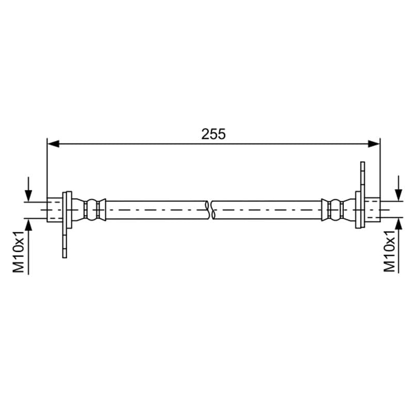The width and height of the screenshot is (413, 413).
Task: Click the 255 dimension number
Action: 213,134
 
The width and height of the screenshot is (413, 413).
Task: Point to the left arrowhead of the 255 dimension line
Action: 53,144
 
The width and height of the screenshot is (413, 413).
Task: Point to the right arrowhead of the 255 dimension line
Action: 374,144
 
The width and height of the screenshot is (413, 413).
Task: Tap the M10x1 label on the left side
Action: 19,251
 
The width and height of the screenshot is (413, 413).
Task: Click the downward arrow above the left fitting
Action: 28,189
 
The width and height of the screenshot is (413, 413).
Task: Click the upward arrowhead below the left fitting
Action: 28,225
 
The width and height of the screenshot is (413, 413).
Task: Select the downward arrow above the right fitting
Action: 399,188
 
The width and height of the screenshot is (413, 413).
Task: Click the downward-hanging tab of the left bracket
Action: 65,243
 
